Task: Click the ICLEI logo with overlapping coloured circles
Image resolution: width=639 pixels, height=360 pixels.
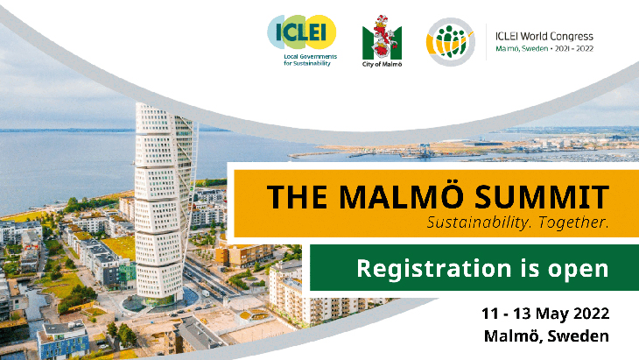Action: coord(302,32)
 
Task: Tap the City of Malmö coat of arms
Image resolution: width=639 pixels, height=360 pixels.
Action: coord(382,38)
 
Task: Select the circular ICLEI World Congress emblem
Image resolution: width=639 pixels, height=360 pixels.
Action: coord(450,41)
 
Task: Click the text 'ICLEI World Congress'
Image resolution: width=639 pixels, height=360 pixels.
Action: coord(544,36)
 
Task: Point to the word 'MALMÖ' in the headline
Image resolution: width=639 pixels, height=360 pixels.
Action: coord(403,196)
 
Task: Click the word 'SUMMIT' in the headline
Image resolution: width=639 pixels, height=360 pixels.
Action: coord(542,197)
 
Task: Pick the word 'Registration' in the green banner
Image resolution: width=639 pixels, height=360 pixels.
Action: coord(434,269)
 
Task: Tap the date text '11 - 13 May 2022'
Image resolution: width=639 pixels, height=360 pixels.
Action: coord(545,314)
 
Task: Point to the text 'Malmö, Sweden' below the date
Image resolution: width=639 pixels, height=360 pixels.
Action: coord(546,336)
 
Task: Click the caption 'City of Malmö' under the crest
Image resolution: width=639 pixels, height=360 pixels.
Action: coord(382,65)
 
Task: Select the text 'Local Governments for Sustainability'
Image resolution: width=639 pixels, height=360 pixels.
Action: coord(310,60)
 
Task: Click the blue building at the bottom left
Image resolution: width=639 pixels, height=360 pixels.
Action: coord(63,341)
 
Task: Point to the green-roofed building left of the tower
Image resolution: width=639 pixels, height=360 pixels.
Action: coord(118,247)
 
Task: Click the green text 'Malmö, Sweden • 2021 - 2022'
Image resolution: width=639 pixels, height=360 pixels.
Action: coord(544,48)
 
